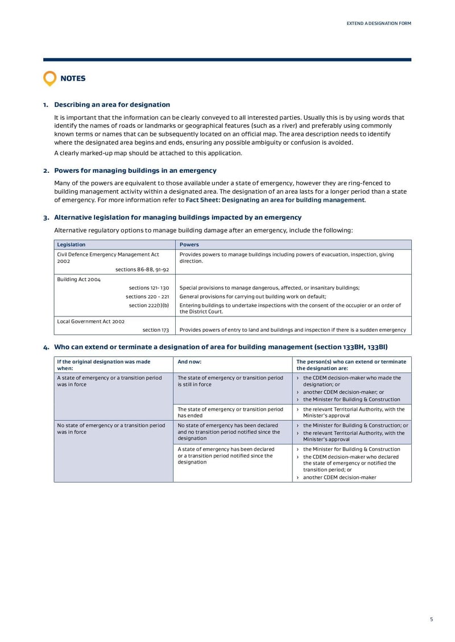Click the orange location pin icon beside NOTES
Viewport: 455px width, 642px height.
coord(50,78)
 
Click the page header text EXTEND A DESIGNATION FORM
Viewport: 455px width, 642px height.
coord(379,23)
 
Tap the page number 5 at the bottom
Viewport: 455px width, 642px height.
coord(431,619)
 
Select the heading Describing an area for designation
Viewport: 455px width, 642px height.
coord(111,105)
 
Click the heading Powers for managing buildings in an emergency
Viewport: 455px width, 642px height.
coord(135,170)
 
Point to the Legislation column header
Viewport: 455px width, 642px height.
coord(71,244)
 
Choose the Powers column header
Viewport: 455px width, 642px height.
coord(189,244)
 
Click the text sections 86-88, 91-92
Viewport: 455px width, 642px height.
coord(142,269)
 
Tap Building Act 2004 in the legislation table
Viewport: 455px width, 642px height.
coord(78,280)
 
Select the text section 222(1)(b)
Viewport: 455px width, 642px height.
coord(149,305)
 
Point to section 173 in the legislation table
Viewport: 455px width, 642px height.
coord(155,330)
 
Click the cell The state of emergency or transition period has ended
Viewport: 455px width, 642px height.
coord(230,412)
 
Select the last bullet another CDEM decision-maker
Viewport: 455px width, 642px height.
coord(339,477)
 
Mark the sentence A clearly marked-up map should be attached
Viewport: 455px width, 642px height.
coord(148,153)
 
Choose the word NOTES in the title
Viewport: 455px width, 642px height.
coord(73,78)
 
